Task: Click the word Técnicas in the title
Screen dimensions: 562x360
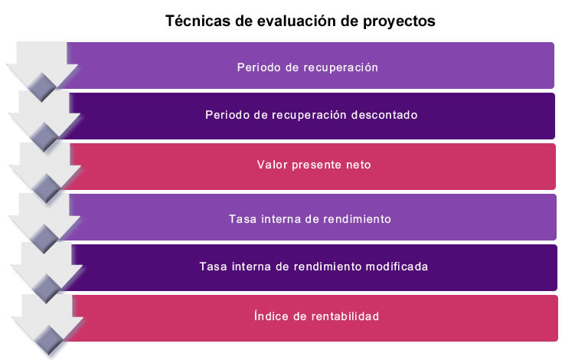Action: coord(198,21)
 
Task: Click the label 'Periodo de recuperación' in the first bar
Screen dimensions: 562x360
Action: coord(308,67)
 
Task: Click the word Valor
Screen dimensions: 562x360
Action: coord(272,165)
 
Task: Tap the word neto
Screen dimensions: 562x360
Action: coord(358,165)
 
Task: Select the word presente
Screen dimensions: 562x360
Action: coord(316,165)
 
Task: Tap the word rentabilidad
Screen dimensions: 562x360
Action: coord(345,316)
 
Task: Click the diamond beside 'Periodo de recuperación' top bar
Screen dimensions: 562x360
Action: coord(42,87)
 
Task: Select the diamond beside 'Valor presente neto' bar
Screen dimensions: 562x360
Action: coord(46,188)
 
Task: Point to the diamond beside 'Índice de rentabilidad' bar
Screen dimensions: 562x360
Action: coord(48,340)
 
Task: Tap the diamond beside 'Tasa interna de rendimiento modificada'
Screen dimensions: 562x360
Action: coord(47,288)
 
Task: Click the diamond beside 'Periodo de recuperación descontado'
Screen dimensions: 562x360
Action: coord(44,137)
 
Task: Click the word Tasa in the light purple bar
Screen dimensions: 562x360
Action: coord(242,219)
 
